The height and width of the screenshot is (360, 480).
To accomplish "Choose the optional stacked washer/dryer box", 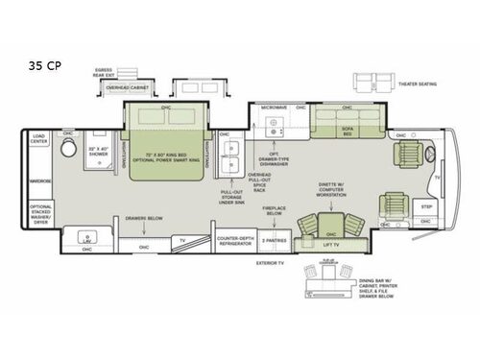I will tap(41, 213).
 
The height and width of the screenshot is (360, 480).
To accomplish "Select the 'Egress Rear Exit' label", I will tap(105, 72).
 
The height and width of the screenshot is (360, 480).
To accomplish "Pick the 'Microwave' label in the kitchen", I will tap(275, 109).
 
